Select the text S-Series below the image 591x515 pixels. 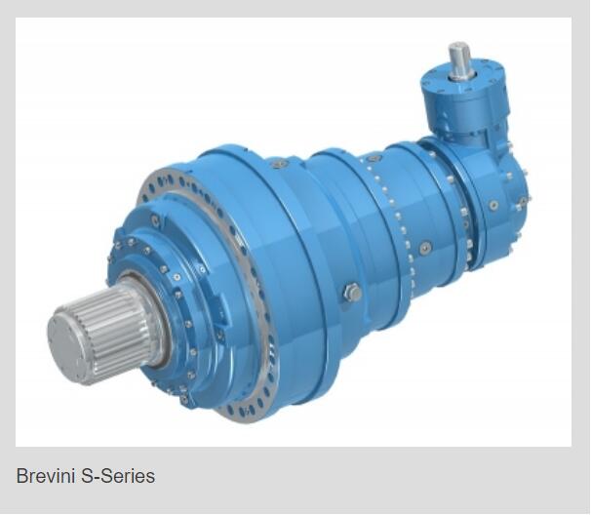click(x=118, y=475)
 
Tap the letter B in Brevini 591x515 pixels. click(x=21, y=475)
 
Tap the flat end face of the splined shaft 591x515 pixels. click(x=68, y=345)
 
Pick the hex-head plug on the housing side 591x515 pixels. click(x=353, y=293)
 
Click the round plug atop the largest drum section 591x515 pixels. click(x=279, y=164)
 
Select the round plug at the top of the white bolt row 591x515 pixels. click(x=374, y=159)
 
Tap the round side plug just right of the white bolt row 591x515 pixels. click(x=426, y=247)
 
